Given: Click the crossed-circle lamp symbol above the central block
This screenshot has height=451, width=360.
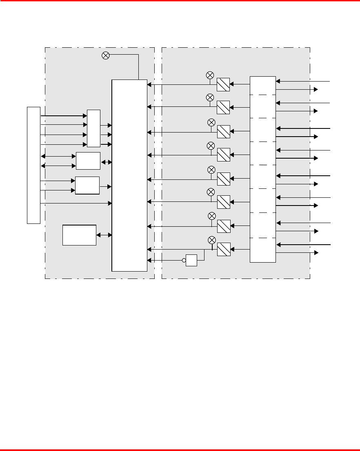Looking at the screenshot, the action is (x=105, y=56).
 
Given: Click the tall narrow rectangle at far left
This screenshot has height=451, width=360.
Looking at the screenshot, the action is (x=33, y=165).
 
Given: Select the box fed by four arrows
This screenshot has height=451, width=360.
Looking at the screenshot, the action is (x=93, y=128).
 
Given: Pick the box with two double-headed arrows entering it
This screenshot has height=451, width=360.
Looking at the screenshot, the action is (x=88, y=161).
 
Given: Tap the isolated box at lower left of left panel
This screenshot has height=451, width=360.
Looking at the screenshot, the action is (x=79, y=235).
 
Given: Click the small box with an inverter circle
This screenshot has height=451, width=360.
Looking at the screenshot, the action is (x=191, y=260).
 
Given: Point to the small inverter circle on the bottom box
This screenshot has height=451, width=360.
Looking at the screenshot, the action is (x=184, y=260).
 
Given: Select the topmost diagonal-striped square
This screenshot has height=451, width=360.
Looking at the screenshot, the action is (x=223, y=84).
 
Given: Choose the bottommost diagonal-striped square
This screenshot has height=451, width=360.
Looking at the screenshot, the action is (x=224, y=249).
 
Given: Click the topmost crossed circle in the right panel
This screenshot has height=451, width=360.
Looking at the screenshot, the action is (x=210, y=75).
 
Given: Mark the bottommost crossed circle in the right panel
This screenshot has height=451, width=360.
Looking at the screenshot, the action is (x=212, y=239).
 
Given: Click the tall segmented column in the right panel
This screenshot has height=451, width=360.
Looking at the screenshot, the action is (x=263, y=169).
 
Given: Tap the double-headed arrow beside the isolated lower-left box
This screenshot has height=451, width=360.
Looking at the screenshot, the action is (x=104, y=235).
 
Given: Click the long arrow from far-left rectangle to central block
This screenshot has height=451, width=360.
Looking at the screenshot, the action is (x=76, y=203).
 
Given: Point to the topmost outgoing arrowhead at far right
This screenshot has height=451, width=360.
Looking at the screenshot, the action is (x=316, y=89).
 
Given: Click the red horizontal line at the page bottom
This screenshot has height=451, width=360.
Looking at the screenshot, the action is (x=180, y=450).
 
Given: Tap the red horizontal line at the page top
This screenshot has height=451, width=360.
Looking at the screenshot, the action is (x=180, y=1).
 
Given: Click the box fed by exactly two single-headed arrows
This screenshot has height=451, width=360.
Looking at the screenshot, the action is (x=87, y=186).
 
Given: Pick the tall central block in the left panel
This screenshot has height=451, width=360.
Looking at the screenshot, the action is (x=129, y=175).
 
